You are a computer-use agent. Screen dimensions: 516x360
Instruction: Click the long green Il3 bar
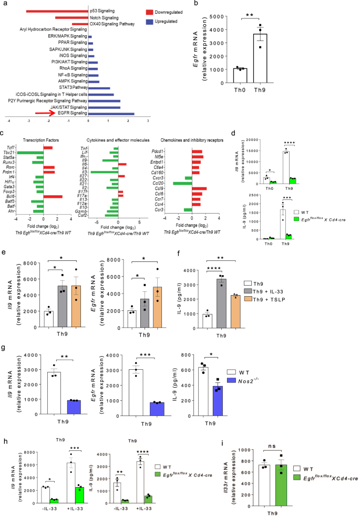(x=104, y=171)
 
